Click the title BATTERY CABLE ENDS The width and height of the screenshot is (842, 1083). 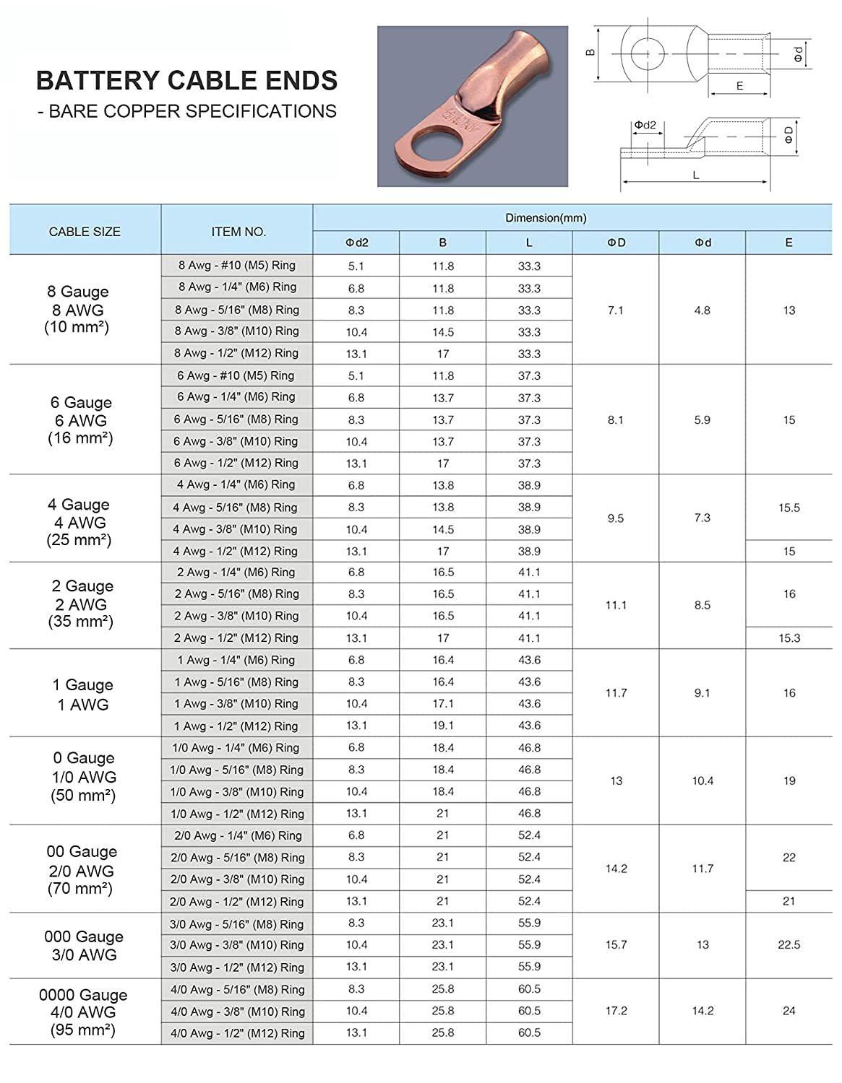(186, 80)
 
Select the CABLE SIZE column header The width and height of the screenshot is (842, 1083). (85, 232)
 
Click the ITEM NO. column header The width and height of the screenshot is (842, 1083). (239, 232)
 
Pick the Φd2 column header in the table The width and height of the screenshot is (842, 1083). (356, 243)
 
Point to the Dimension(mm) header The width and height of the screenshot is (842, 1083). (546, 217)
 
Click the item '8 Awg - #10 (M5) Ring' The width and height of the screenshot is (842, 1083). (237, 265)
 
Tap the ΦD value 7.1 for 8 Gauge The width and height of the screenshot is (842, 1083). (616, 310)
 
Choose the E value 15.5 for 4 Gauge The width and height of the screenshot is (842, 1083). (789, 508)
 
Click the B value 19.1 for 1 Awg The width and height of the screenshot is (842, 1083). (443, 726)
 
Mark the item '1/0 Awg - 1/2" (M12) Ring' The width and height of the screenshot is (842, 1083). (237, 814)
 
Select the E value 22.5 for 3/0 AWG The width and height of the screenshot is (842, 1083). (789, 944)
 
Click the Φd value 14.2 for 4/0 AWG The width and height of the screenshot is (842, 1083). (703, 1011)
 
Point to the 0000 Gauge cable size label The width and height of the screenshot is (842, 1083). (83, 995)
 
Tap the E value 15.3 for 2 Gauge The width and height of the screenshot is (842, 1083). (789, 638)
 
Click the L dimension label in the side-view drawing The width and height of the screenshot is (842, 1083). (696, 175)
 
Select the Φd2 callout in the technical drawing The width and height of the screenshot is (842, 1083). (645, 125)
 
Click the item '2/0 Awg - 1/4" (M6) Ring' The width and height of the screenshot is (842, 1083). (237, 835)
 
